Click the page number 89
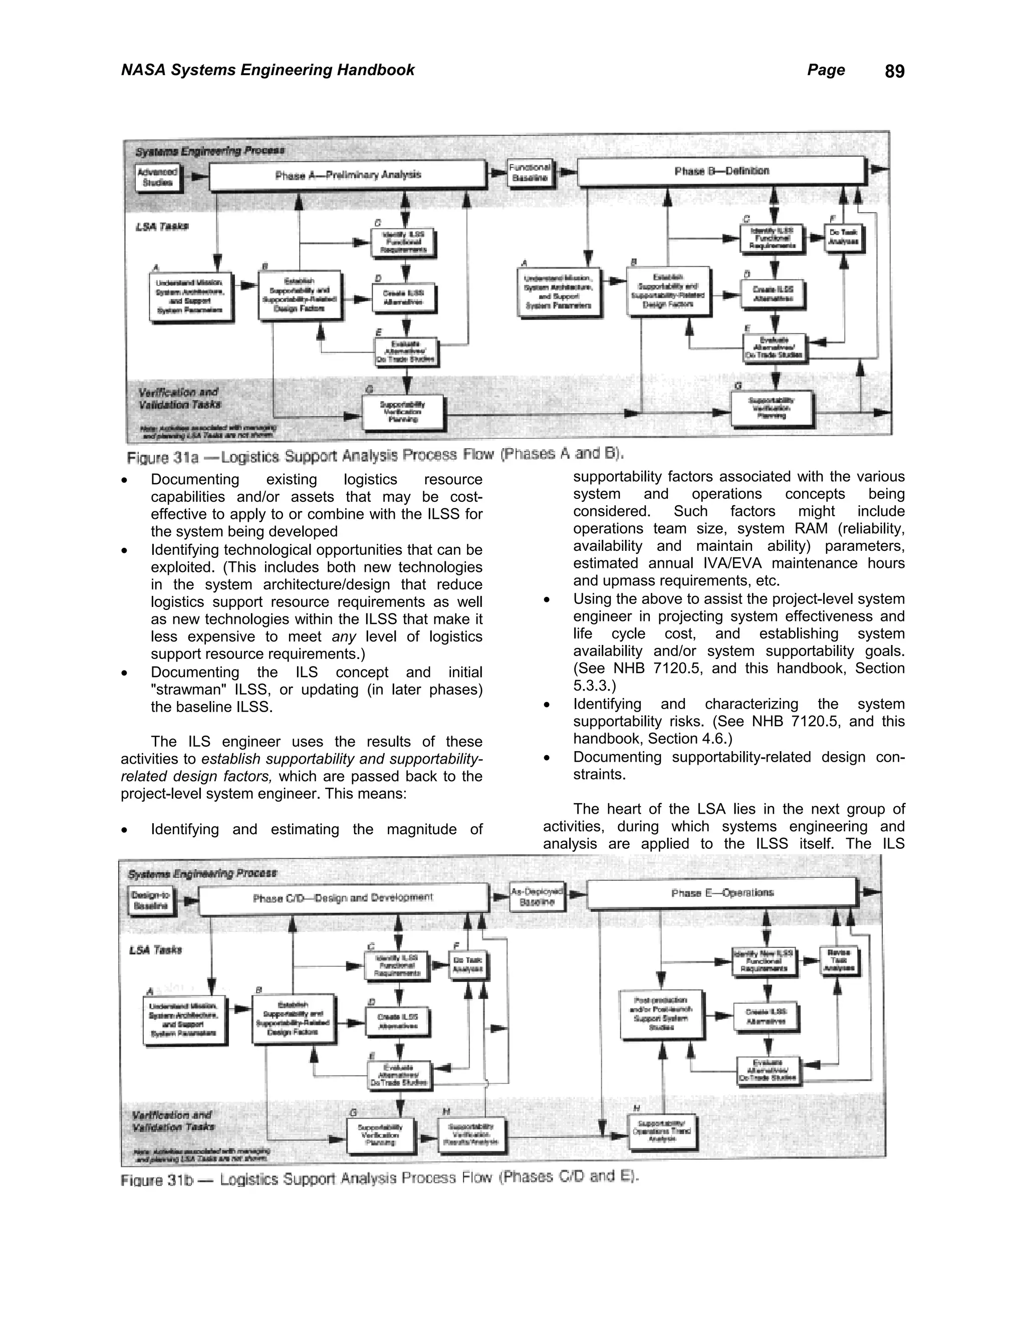(894, 72)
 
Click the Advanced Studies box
(157, 177)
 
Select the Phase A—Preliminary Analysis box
(348, 175)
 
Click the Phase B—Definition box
(721, 171)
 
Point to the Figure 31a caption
(375, 455)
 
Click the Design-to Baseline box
(151, 900)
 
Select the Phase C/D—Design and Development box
(343, 897)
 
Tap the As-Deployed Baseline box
(537, 897)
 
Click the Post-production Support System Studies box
(661, 1014)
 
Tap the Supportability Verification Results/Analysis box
(471, 1134)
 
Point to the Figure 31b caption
(380, 1179)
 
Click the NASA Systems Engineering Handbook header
(268, 70)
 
